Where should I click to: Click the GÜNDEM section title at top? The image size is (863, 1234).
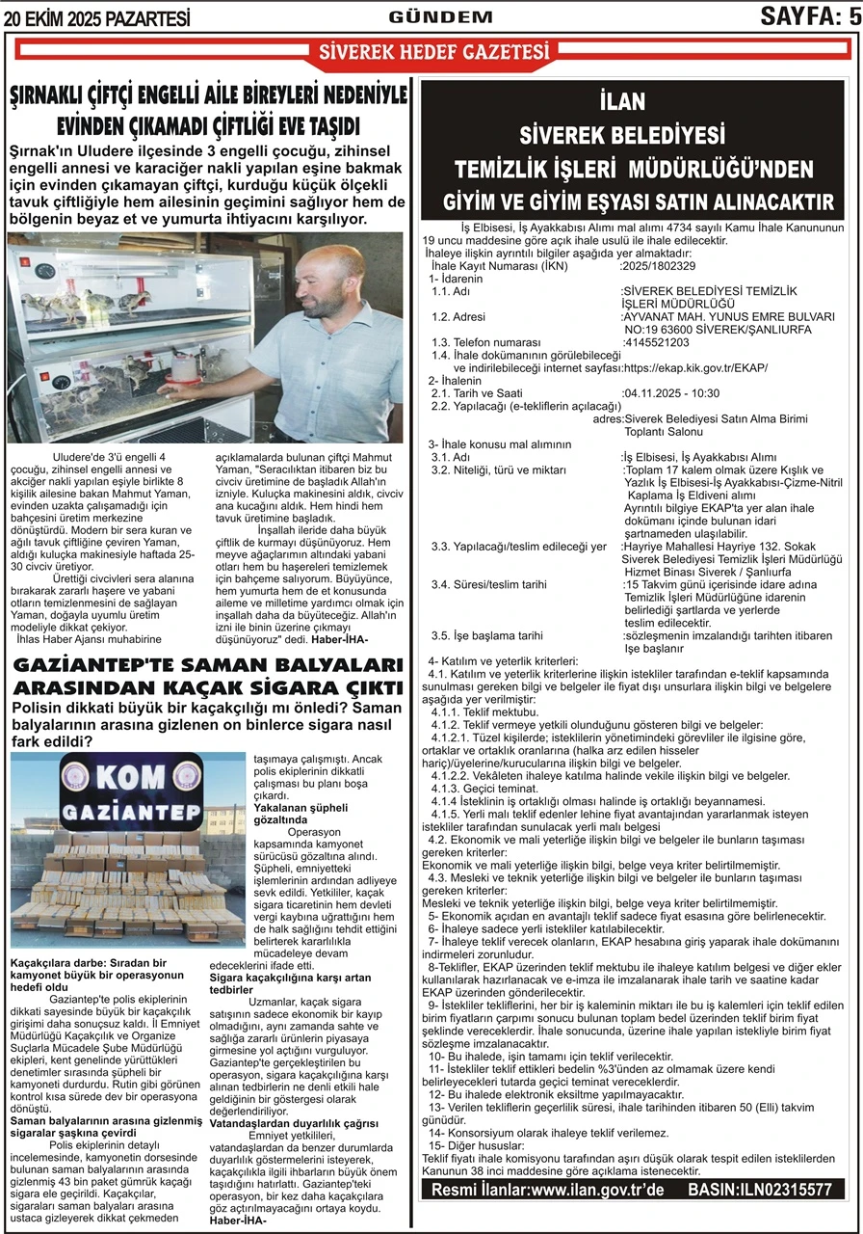[441, 16]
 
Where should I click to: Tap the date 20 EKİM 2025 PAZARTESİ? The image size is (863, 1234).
[96, 17]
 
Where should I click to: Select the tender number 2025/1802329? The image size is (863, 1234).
[659, 266]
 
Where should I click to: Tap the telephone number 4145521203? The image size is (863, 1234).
[657, 342]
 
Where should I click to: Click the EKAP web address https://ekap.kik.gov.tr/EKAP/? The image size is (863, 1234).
[695, 368]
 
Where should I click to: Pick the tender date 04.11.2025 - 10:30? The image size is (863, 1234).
[671, 393]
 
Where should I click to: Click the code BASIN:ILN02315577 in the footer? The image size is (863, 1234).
[760, 1190]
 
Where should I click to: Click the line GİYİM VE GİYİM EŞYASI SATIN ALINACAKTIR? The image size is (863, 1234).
[638, 201]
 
